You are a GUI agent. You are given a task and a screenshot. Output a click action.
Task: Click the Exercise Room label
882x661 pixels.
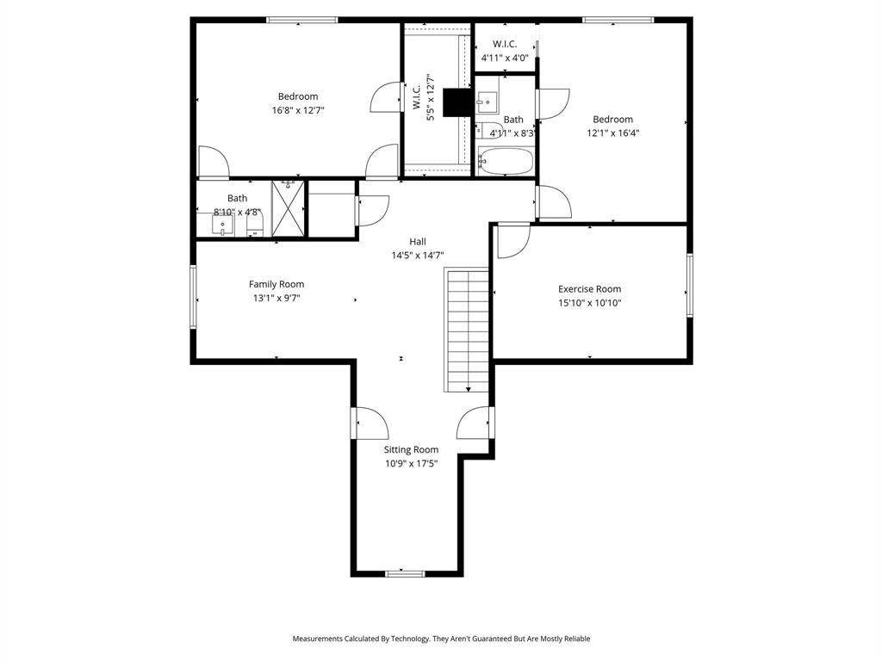(x=589, y=289)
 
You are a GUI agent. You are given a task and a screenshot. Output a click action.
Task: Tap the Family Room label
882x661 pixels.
(x=276, y=284)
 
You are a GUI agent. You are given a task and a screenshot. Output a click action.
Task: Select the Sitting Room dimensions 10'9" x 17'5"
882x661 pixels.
(x=411, y=463)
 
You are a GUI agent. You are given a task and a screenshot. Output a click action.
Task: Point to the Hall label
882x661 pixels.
(x=418, y=242)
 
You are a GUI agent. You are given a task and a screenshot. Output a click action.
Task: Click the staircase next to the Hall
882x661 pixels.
(x=467, y=329)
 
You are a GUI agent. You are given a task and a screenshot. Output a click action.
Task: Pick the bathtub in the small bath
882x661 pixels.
(x=506, y=161)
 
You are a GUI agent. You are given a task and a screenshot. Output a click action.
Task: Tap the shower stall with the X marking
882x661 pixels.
(x=289, y=207)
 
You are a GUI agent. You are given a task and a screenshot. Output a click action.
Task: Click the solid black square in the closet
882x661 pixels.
(x=457, y=102)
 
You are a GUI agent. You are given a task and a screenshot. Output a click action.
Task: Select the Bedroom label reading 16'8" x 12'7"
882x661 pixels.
(x=298, y=96)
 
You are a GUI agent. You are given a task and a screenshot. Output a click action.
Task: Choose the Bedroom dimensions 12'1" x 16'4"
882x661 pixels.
(x=612, y=133)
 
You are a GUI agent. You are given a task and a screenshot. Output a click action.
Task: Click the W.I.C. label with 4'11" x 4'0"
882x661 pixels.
(x=505, y=44)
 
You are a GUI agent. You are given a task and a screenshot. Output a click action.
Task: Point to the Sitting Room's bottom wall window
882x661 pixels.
(x=405, y=573)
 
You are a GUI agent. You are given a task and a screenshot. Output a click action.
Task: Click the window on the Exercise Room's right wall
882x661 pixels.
(x=689, y=285)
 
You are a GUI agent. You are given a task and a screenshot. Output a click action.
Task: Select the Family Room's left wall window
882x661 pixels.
(x=194, y=296)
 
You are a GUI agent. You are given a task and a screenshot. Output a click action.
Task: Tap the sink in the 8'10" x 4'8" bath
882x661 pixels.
(x=223, y=225)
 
